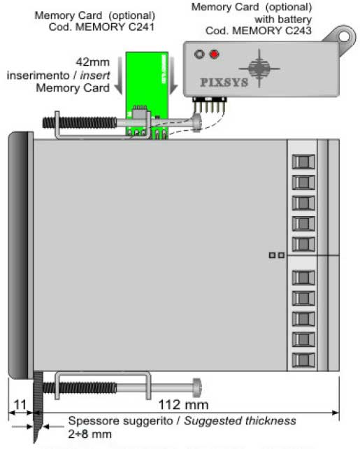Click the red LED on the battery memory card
215,54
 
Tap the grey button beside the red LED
199,54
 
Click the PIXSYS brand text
224,83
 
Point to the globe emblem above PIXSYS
259,69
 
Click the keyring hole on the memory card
345,36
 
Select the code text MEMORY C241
115,27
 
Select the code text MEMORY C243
272,30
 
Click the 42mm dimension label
93,62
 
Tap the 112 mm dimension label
183,405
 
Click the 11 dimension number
20,405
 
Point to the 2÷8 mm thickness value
90,434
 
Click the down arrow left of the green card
118,76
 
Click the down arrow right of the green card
173,76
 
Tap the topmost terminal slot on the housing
303,162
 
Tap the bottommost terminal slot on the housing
303,360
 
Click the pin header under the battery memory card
210,105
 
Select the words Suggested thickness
240,420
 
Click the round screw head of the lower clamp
197,387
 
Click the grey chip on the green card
140,114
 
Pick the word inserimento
38,76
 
